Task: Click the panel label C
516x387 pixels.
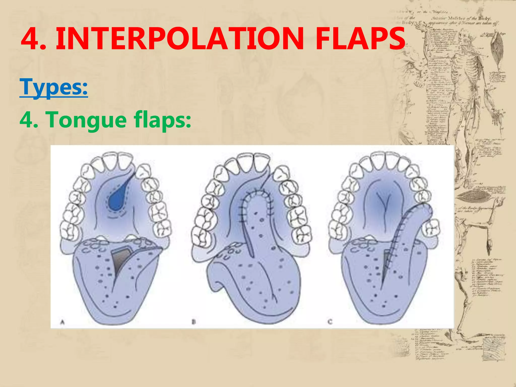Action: click(x=330, y=322)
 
